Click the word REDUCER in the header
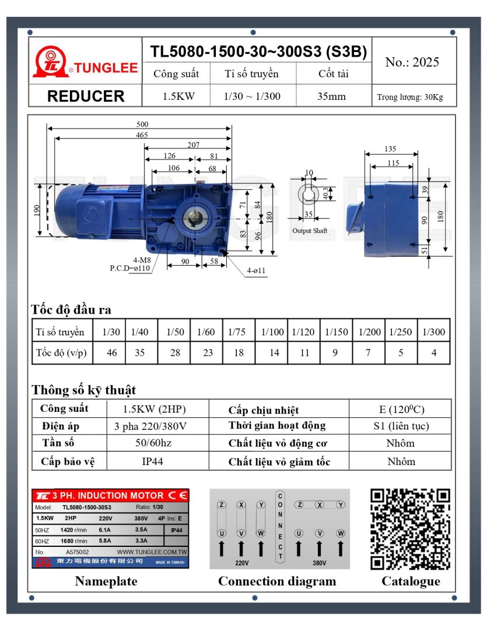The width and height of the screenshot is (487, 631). (85, 96)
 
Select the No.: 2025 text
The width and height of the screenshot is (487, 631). (412, 63)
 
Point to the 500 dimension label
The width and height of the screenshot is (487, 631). (142, 124)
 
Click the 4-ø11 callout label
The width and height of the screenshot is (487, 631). (255, 271)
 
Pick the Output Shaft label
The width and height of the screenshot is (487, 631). (310, 231)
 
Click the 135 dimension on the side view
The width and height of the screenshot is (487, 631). (391, 149)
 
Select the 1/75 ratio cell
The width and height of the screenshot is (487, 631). (237, 332)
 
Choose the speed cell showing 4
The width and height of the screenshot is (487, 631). (433, 353)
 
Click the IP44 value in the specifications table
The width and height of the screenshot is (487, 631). (152, 461)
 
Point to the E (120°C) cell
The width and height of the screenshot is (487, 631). (401, 408)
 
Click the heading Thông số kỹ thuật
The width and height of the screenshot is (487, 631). (83, 390)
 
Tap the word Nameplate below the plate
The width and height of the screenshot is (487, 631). (106, 581)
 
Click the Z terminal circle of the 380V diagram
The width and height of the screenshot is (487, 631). (299, 504)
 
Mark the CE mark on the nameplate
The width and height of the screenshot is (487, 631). (177, 495)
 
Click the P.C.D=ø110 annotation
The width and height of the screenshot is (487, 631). (129, 268)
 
